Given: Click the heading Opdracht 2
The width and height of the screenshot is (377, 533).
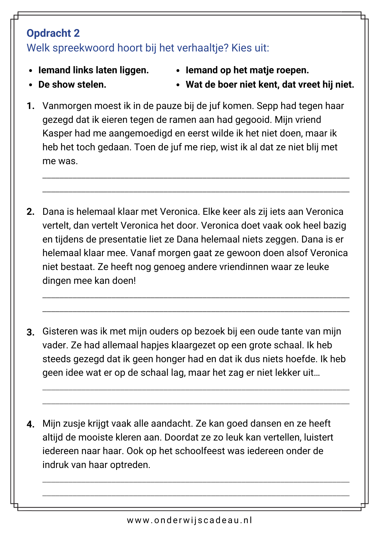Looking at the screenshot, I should (53, 33).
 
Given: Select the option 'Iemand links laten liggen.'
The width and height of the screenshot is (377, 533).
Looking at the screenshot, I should (93, 70).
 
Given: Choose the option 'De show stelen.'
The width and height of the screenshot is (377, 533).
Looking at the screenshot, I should (72, 84).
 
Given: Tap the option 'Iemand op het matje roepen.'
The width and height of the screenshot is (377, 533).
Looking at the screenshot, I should (247, 70).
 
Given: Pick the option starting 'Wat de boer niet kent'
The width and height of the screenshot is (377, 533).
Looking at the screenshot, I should (270, 84).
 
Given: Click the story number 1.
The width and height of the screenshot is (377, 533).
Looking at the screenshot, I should (31, 106).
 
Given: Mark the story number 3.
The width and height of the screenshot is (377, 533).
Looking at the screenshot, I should (31, 332).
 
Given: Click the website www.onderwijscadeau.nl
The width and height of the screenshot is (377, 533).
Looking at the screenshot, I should (189, 520).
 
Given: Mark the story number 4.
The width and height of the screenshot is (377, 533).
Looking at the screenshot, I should (31, 424).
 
